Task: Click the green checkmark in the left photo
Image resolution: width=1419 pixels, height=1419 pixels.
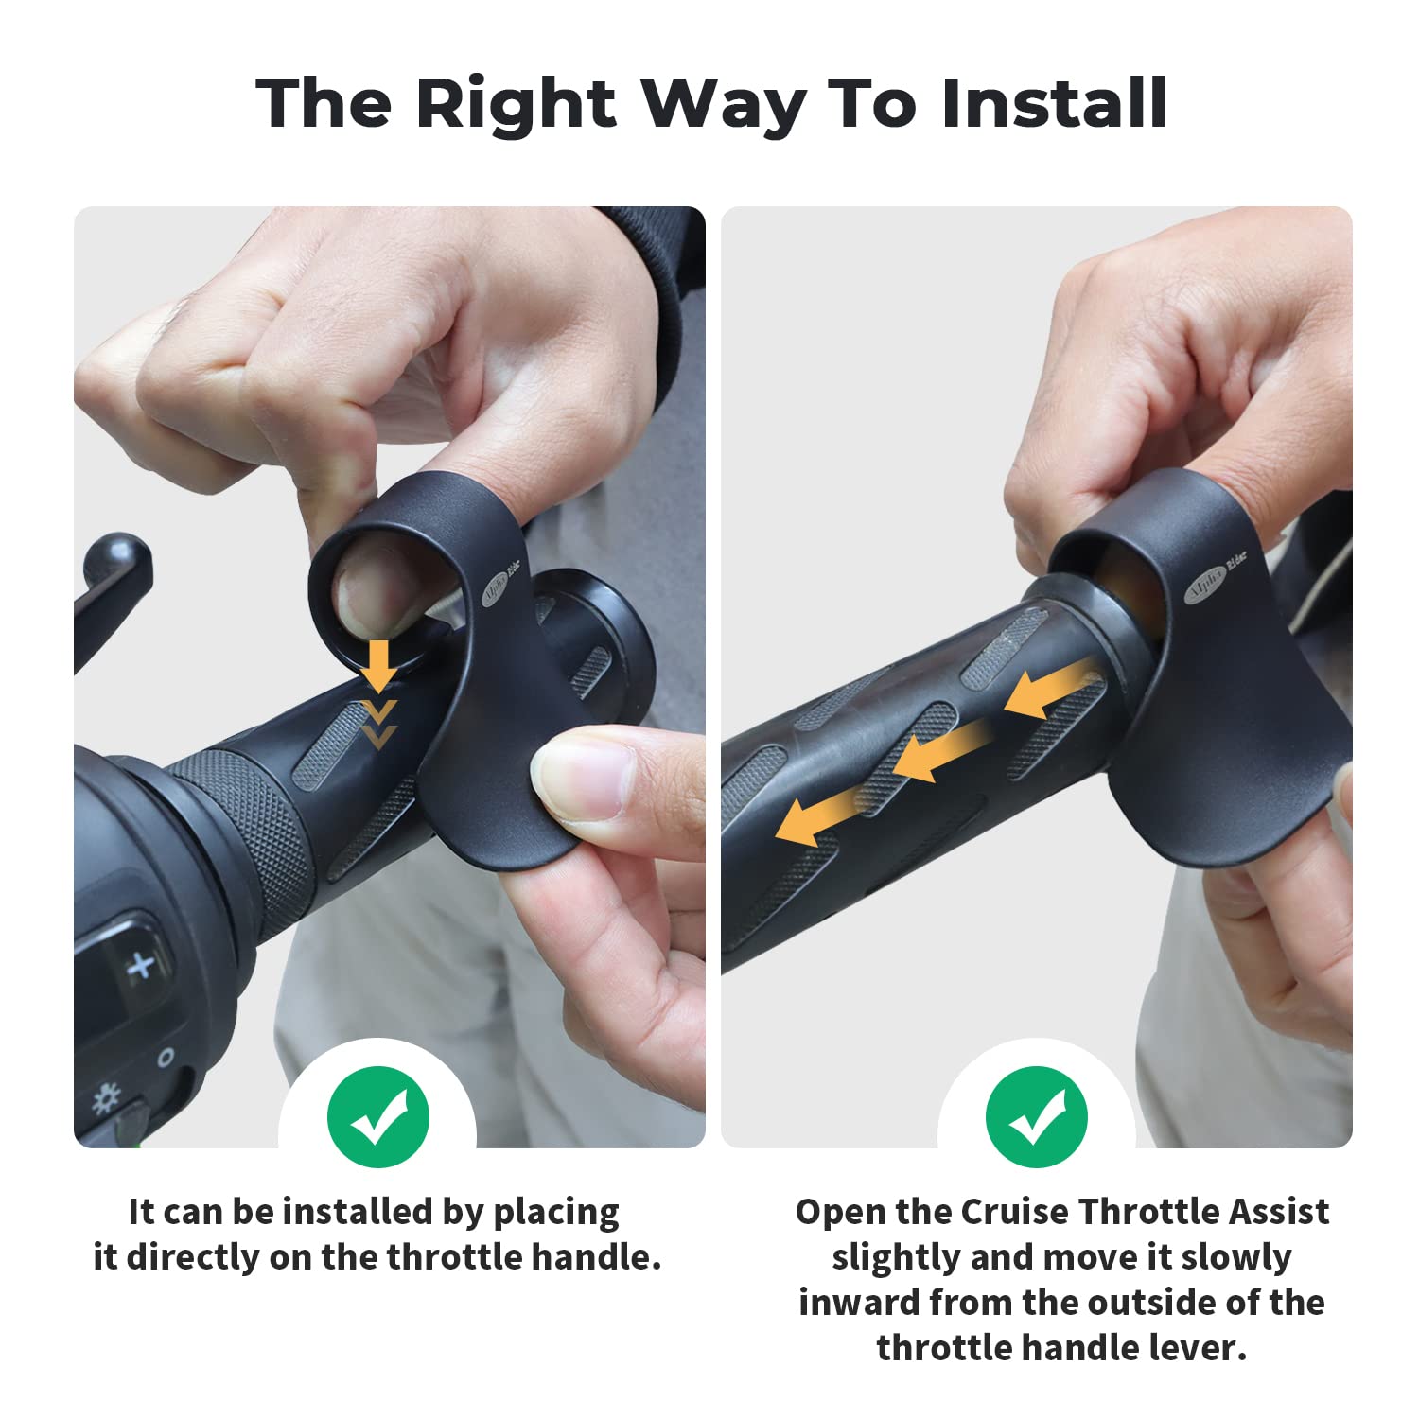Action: [x=377, y=1117]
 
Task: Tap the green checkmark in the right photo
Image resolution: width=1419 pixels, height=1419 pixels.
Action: [x=1036, y=1117]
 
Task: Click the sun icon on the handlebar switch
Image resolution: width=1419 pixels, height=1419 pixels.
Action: [x=105, y=1098]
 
